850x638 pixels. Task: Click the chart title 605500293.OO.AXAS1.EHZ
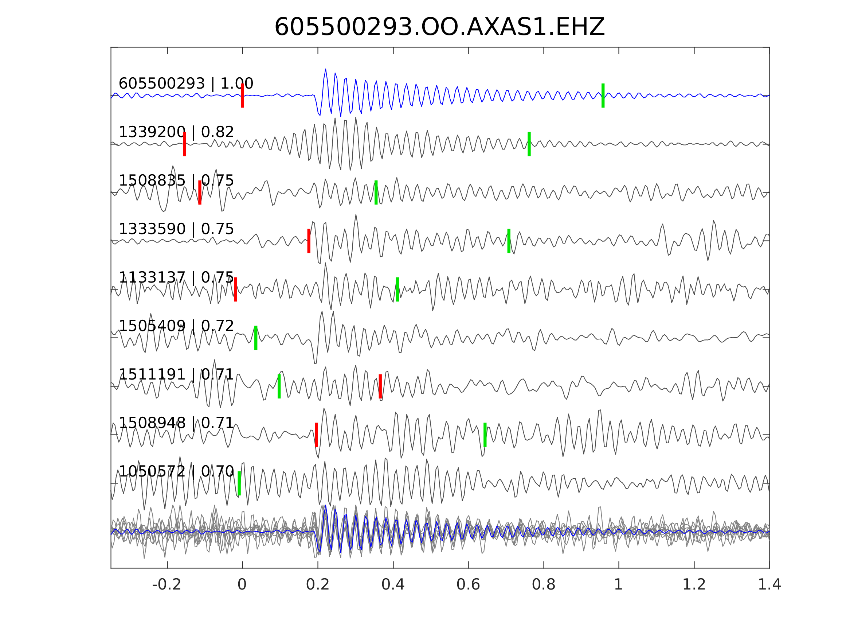pos(439,27)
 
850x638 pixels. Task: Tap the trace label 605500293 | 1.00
pos(185,83)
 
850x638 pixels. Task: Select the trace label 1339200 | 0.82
pos(176,132)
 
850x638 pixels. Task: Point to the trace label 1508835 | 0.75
pos(176,180)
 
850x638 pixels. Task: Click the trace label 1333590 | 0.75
pos(176,229)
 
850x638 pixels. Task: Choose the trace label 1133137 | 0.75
pos(176,277)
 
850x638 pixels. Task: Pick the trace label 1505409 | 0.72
pos(176,326)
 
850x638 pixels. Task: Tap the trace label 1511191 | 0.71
pos(176,374)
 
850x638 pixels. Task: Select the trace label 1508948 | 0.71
pos(176,423)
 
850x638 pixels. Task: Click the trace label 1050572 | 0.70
pos(176,471)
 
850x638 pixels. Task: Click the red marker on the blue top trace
pos(243,96)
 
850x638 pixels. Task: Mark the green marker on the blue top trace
pos(603,96)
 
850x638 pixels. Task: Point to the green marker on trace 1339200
pos(529,144)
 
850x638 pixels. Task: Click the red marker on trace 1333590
pos(309,241)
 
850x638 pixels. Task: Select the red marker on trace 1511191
pos(380,386)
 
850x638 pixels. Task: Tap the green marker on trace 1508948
pos(485,435)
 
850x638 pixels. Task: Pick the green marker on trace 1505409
pos(256,338)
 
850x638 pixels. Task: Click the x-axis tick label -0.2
pos(167,585)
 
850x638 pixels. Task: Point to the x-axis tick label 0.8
pos(543,585)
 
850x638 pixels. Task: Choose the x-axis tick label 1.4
pos(769,585)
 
